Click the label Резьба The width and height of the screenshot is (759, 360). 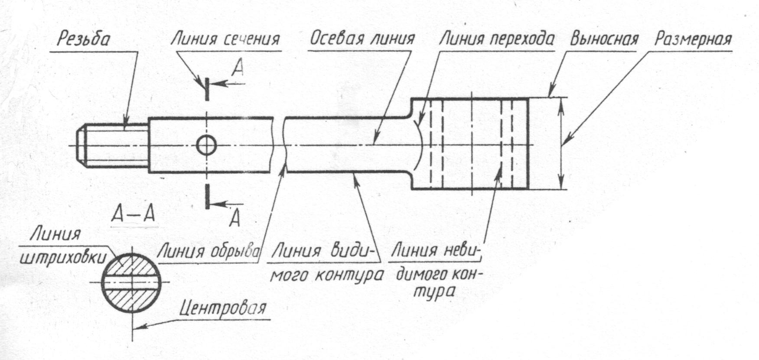click(83, 39)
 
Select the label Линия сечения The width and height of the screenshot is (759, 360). click(225, 39)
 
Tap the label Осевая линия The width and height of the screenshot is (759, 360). click(362, 39)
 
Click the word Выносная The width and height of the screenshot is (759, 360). click(604, 39)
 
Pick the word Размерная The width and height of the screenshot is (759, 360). click(693, 39)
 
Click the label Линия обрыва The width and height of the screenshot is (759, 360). click(210, 251)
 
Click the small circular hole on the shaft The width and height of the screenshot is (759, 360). click(206, 145)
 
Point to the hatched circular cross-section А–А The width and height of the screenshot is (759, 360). click(130, 283)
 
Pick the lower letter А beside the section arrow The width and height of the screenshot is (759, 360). click(235, 218)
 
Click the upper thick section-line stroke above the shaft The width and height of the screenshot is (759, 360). click(208, 89)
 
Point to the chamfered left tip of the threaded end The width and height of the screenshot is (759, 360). click(81, 145)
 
